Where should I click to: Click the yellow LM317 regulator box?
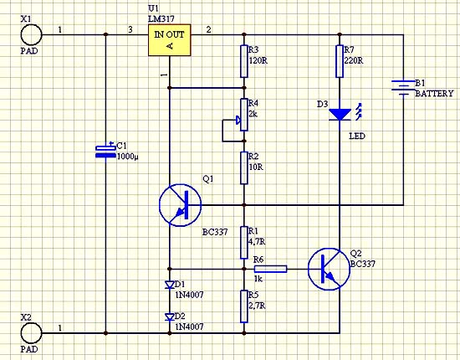point(170,40)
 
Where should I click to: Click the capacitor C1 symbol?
point(105,151)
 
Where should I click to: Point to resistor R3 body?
point(243,61)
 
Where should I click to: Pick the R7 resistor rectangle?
point(340,61)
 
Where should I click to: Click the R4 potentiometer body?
point(243,115)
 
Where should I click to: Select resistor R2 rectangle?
point(243,168)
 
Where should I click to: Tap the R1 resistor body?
point(243,243)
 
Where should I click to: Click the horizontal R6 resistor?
point(270,269)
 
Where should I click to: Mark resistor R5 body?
point(243,306)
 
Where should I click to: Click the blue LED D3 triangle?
point(340,115)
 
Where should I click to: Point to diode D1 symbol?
point(170,285)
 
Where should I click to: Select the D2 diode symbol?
point(170,316)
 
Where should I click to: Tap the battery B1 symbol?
point(403,88)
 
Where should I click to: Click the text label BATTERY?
point(434,94)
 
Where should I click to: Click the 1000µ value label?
point(128,157)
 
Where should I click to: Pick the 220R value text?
point(353,61)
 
